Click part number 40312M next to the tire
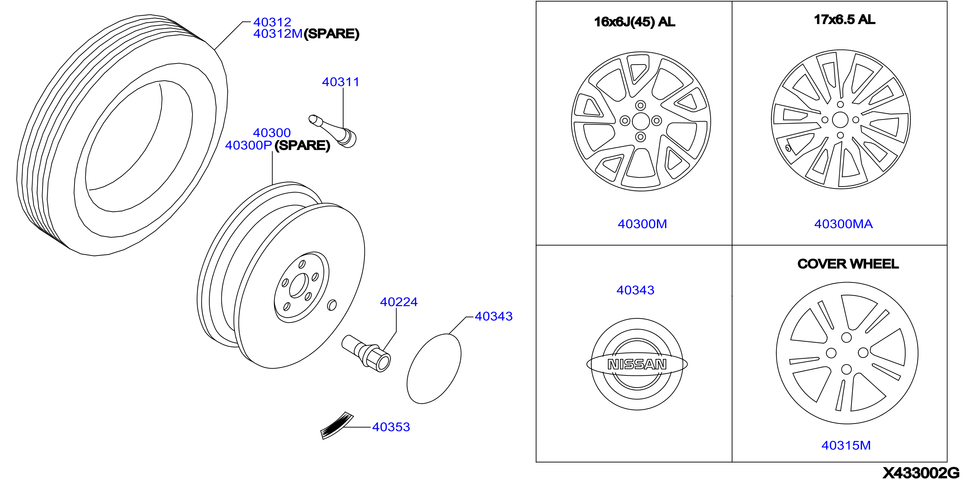point(278,34)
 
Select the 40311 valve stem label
point(341,82)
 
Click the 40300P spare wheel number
point(248,145)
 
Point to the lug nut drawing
point(366,353)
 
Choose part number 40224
point(399,302)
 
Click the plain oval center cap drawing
point(434,369)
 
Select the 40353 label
point(391,427)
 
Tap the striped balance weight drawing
point(337,425)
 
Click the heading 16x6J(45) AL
point(635,22)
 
